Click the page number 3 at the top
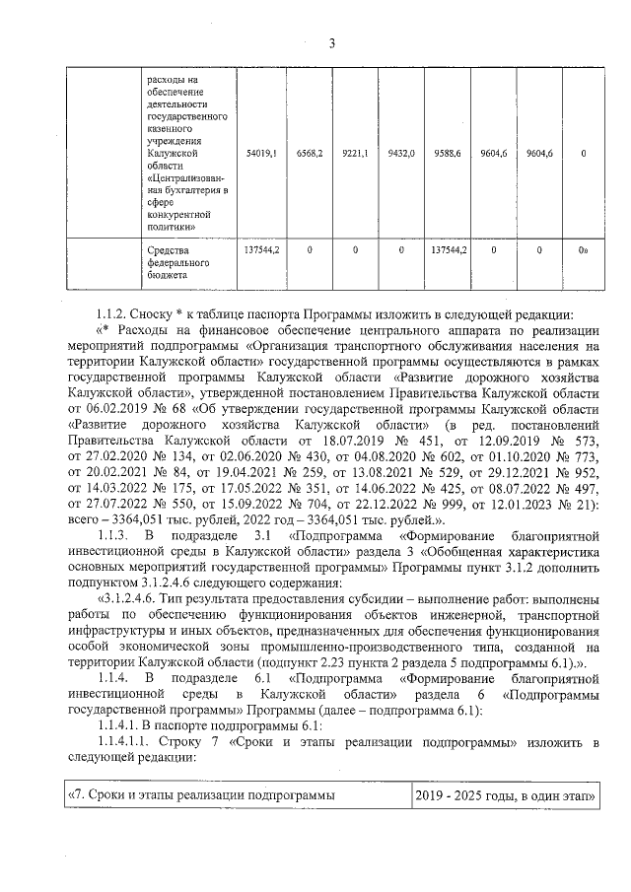pos(331,42)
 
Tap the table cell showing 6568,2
pos(310,154)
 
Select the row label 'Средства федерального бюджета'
pos(174,263)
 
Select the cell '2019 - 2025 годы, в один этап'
pos(505,793)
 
